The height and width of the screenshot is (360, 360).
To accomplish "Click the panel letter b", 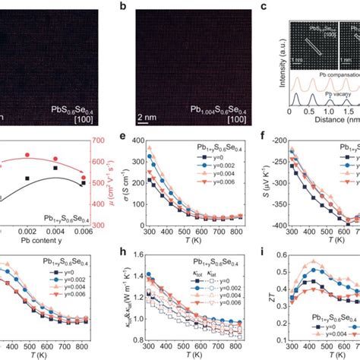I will pyautogui.click(x=124, y=6).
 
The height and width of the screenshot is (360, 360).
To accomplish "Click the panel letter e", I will pyautogui.click(x=124, y=137).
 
